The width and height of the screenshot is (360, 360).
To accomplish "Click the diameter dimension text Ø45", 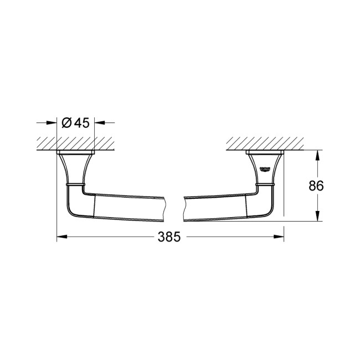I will tap(76, 123).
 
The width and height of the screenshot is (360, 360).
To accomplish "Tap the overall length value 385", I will tap(169, 237).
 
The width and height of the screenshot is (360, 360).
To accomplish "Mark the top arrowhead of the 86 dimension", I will tap(317, 153).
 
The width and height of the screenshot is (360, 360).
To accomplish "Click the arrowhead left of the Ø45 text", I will tap(54, 123).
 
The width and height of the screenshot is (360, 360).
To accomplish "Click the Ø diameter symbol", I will tap(65, 123).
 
